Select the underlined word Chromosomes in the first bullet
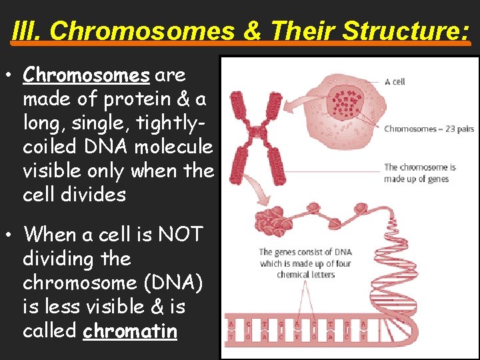click(x=87, y=75)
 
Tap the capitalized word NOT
click(x=178, y=235)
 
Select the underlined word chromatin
click(x=130, y=331)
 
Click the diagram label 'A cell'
click(x=395, y=81)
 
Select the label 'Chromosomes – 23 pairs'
click(x=429, y=129)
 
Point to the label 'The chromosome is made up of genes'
click(x=419, y=173)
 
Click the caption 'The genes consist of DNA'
click(x=305, y=252)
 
